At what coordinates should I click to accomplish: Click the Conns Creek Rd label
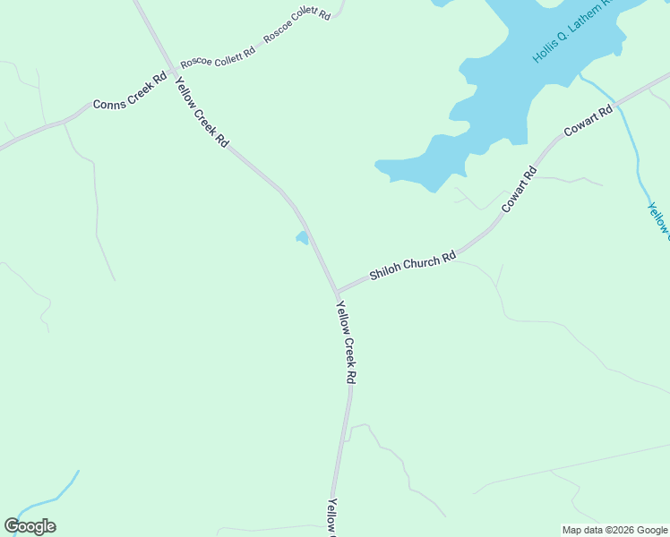point(131,92)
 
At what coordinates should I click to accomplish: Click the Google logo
point(30,526)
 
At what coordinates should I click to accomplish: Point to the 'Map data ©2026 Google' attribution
point(615,530)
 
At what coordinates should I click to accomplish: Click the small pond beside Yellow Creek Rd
point(303,238)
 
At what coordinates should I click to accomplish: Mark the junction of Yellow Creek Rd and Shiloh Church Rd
point(337,292)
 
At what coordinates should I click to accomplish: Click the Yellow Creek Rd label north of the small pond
point(202,112)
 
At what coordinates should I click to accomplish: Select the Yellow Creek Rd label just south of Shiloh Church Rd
point(346,343)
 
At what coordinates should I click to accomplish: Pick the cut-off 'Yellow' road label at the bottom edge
point(332,516)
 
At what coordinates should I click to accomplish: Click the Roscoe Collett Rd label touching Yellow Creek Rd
point(218,58)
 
